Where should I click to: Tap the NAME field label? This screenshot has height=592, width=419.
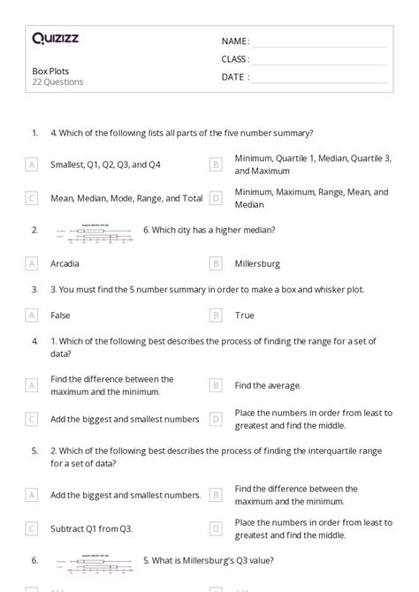[235, 42]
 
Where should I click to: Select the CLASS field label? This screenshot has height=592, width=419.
[235, 59]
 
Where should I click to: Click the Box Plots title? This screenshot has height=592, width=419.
[50, 71]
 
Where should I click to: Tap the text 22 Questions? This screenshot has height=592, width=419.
[57, 82]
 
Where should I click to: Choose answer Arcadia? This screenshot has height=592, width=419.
[65, 263]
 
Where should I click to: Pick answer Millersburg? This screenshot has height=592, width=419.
[257, 263]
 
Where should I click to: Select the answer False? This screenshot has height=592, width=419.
[61, 315]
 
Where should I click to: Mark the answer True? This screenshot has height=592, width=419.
[245, 315]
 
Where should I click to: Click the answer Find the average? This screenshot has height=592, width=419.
[268, 385]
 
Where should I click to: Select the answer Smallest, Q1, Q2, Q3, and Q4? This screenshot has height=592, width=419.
[105, 164]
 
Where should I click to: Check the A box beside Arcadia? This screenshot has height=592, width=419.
[32, 263]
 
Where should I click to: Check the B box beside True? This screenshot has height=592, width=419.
[216, 315]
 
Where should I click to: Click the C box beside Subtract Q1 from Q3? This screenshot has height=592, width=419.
[32, 528]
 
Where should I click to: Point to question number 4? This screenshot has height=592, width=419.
[34, 340]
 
